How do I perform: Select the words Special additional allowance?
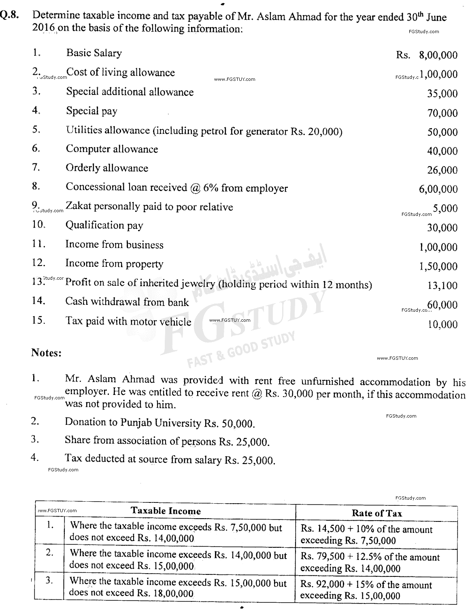pos(130,92)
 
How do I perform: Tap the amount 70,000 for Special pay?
pos(442,113)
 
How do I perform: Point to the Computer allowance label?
pos(112,149)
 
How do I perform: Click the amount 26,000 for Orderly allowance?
pos(442,170)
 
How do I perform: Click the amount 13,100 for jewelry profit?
pos(442,285)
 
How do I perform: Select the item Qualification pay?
pos(104,226)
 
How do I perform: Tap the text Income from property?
pos(114,264)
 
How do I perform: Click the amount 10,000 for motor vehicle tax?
pos(442,324)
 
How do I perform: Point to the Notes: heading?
pos(47,352)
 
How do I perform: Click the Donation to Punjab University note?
pos(160,423)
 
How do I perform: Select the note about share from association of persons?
pos(167,441)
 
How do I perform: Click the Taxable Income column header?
pos(166,511)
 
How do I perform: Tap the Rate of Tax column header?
pos(376,513)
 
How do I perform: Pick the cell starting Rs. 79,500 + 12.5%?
pos(370,562)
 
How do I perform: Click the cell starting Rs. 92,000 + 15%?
pos(366,590)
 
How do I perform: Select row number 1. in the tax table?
pos(49,525)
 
